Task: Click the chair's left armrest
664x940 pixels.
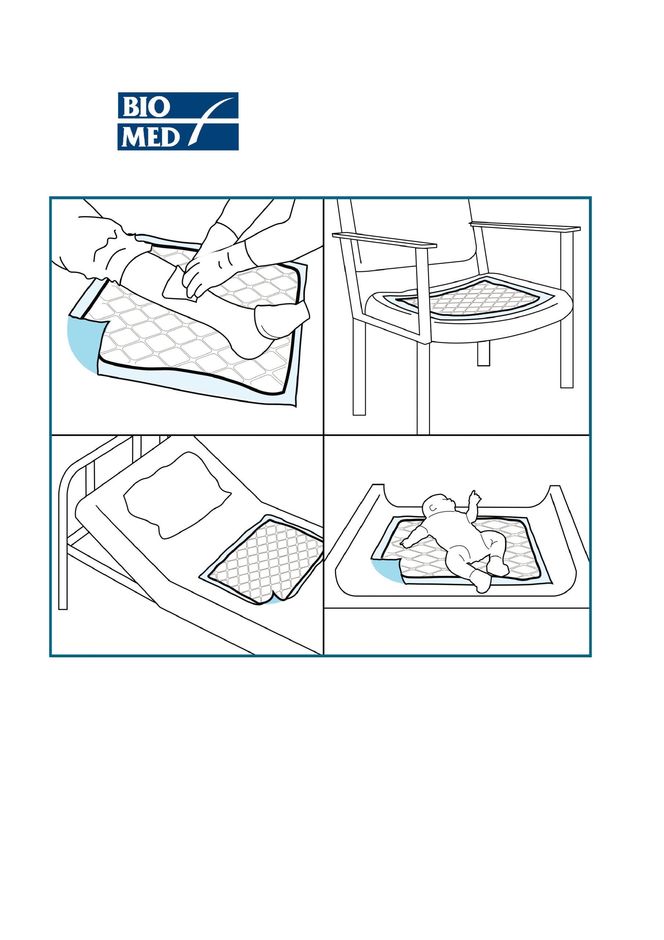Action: coord(384,240)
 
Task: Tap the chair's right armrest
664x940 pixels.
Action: coord(525,227)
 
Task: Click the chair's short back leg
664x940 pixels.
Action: coord(483,353)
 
